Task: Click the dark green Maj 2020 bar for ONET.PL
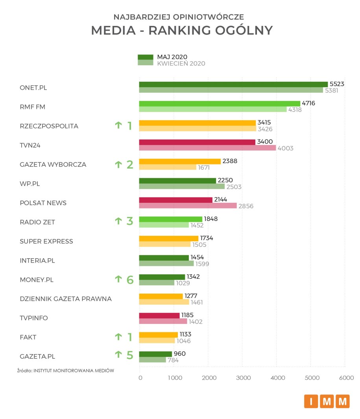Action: pyautogui.click(x=233, y=84)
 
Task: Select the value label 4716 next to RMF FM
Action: pyautogui.click(x=309, y=103)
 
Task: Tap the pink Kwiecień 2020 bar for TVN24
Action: pyautogui.click(x=207, y=148)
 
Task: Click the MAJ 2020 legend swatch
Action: pyautogui.click(x=145, y=57)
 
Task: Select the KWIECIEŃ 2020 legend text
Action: pyautogui.click(x=181, y=63)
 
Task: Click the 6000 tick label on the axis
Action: pyautogui.click(x=346, y=378)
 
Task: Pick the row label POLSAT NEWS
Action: pyautogui.click(x=43, y=203)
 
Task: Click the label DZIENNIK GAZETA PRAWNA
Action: pyautogui.click(x=66, y=299)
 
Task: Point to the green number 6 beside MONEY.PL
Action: pyautogui.click(x=129, y=279)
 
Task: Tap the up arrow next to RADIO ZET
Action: pyautogui.click(x=118, y=222)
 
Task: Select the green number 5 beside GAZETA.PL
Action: pyautogui.click(x=129, y=355)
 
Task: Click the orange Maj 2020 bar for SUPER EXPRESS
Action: pyautogui.click(x=168, y=238)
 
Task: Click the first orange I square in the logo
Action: pyautogui.click(x=311, y=401)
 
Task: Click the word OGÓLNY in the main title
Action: pyautogui.click(x=244, y=30)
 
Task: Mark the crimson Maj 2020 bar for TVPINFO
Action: pyautogui.click(x=159, y=315)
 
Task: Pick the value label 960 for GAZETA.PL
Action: pyautogui.click(x=179, y=353)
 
